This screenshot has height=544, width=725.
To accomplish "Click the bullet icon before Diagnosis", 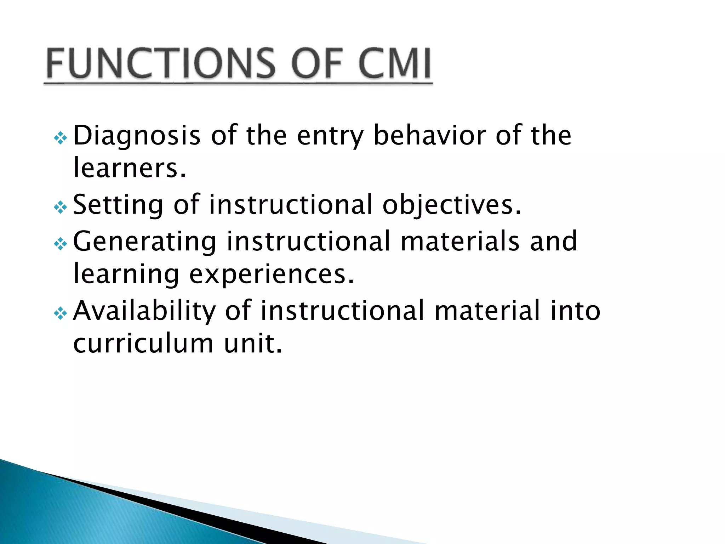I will [60, 138].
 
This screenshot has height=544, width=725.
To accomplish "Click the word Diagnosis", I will [137, 136].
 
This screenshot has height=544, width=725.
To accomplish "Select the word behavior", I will [429, 135].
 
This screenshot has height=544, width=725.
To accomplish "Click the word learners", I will [129, 169].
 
